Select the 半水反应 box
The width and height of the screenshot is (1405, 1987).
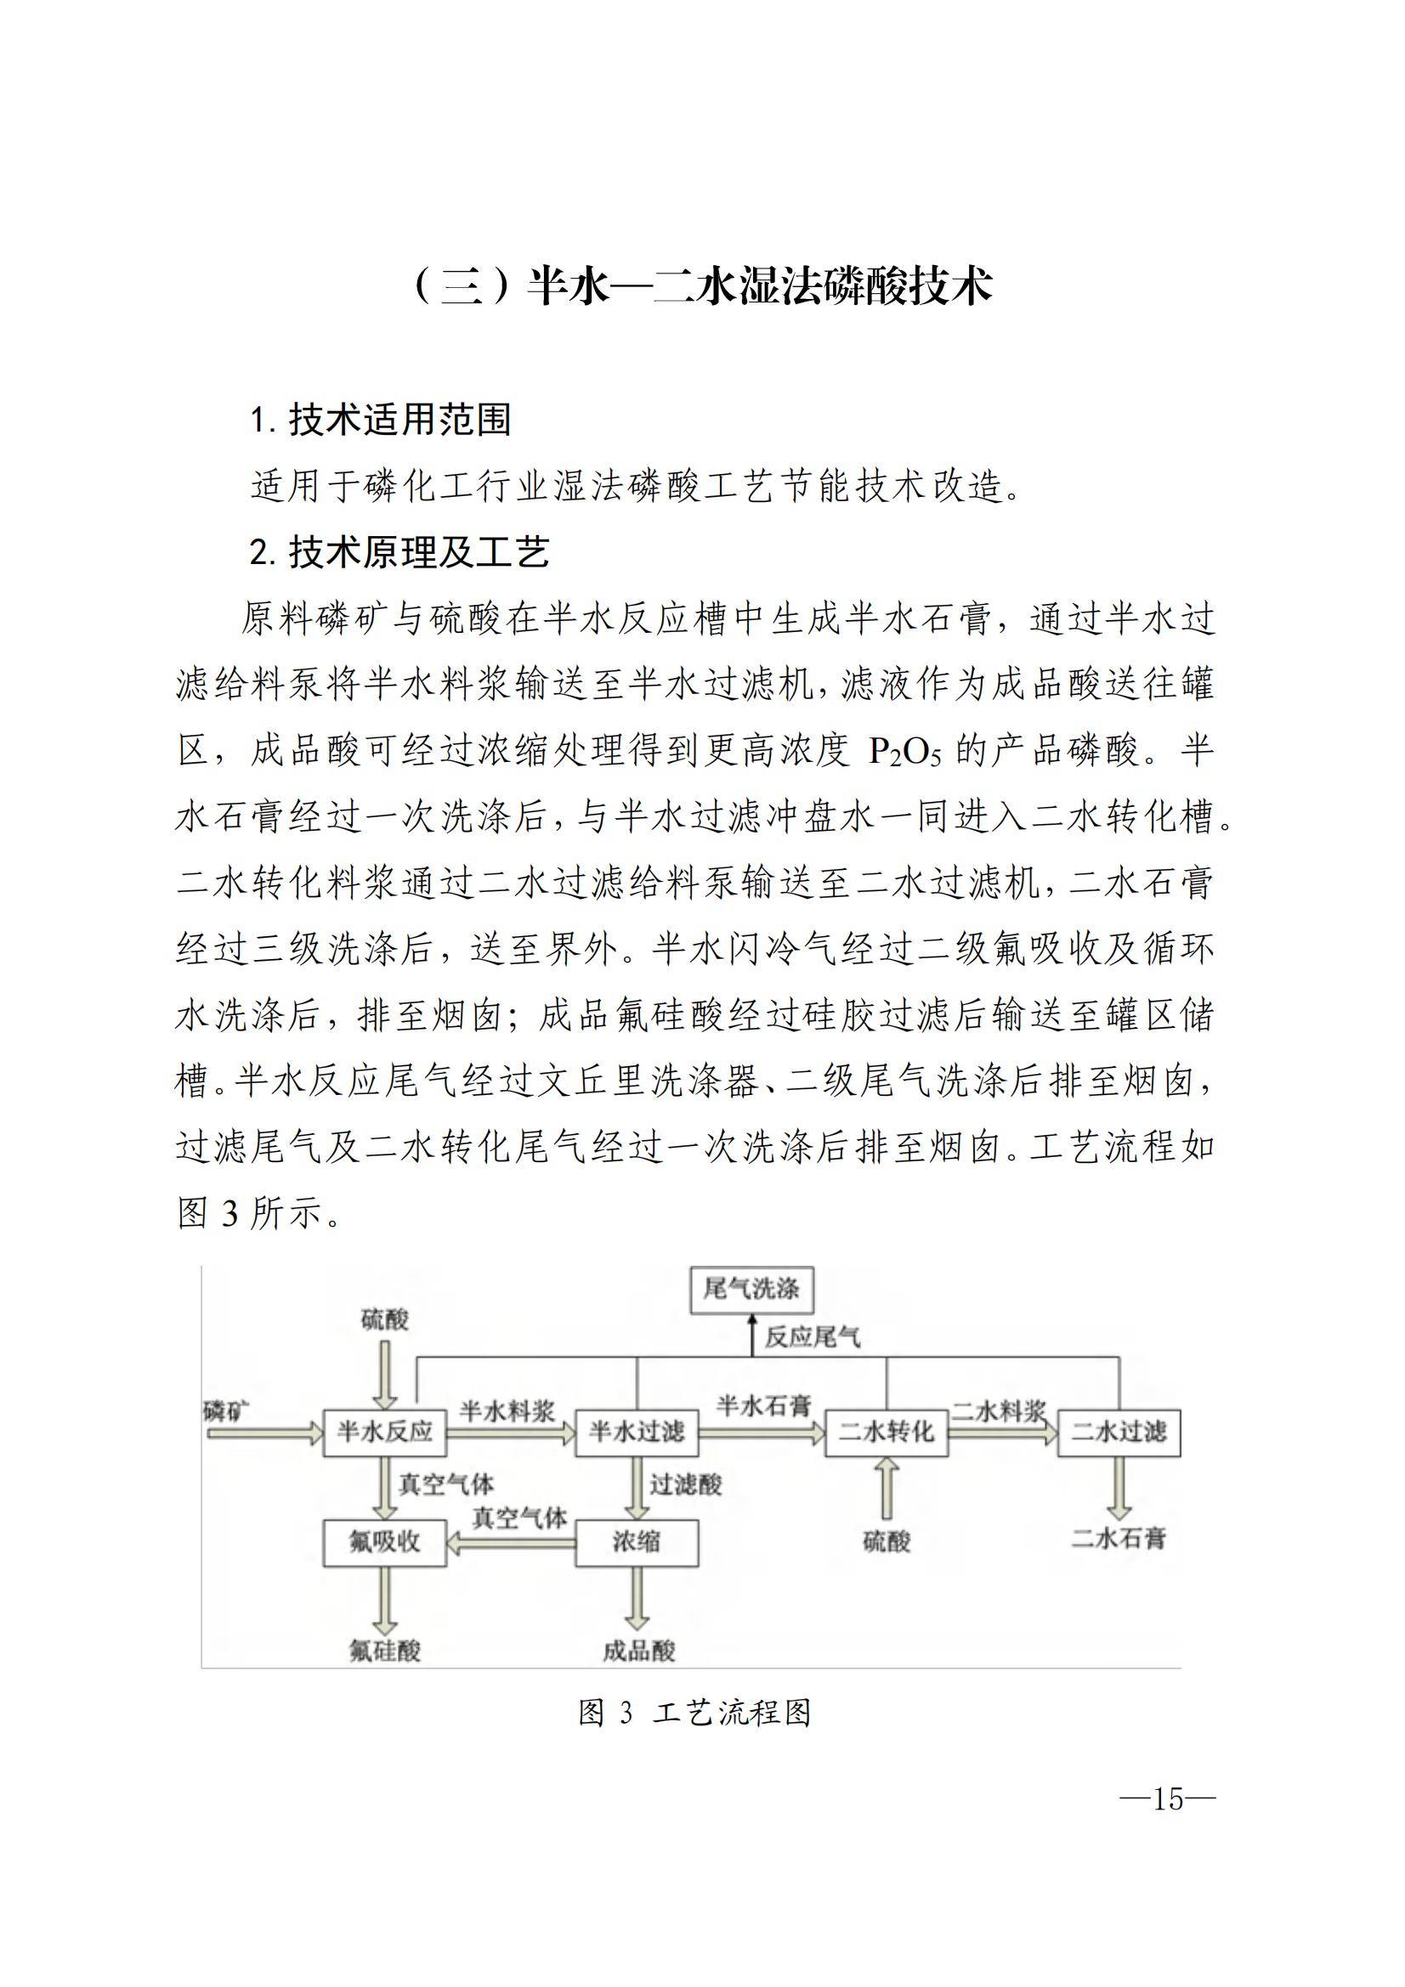384,1432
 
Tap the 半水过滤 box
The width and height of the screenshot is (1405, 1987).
637,1432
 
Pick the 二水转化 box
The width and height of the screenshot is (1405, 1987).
886,1432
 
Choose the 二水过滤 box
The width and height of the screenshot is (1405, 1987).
1119,1432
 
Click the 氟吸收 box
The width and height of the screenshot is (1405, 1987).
384,1541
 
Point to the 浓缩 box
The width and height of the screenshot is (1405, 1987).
637,1541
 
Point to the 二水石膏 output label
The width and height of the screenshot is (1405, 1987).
1119,1538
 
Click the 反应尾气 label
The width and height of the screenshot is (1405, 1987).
812,1338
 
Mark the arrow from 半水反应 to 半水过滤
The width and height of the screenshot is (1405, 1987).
511,1434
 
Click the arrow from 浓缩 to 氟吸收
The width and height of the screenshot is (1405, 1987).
511,1542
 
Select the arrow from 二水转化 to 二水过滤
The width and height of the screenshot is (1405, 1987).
1002,1434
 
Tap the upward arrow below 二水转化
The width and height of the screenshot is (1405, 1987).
887,1488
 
